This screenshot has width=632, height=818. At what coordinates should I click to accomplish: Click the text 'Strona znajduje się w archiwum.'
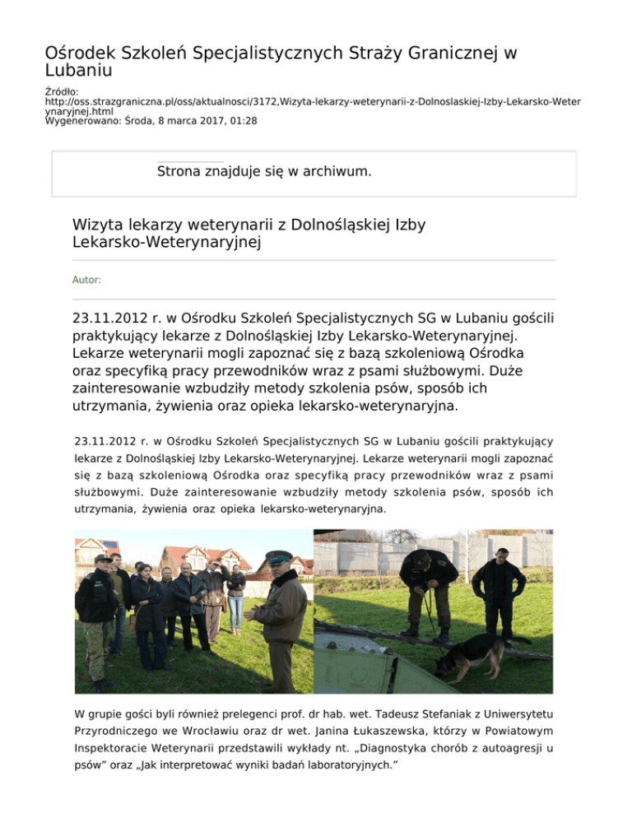pos(263,172)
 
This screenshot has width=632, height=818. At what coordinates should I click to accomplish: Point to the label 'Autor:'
pos(86,280)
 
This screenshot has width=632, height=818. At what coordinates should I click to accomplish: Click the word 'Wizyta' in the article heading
pos(100,224)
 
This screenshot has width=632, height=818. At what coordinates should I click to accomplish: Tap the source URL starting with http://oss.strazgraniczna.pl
pos(312,101)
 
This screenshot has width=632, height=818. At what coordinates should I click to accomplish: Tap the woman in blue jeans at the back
pos(235,597)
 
